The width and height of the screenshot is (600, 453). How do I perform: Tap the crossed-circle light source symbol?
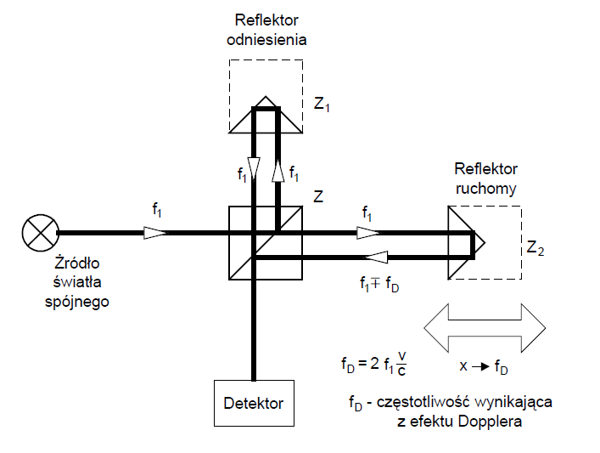coord(39,232)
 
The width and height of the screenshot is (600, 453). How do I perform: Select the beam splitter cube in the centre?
coord(266,242)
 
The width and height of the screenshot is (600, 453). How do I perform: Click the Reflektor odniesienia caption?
coord(267,31)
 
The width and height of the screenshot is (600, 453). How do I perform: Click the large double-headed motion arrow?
coord(485,328)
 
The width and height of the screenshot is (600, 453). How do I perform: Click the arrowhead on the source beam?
coord(154,232)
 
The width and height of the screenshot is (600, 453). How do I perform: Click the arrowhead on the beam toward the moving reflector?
coord(367,232)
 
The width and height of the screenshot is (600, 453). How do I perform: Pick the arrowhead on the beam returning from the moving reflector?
coord(376,257)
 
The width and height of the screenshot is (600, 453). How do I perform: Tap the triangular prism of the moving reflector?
coord(463,243)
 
